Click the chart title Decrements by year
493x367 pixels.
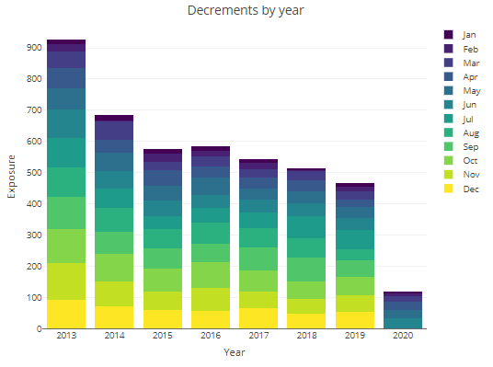(245, 11)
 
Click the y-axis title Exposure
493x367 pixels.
(12, 181)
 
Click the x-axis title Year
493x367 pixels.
(234, 351)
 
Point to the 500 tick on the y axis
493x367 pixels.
(33, 173)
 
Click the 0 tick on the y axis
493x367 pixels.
(38, 329)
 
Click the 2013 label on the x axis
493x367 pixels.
(66, 338)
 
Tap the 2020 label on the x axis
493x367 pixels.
(401, 338)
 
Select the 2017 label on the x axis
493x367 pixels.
(258, 338)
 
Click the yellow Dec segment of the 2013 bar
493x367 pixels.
(66, 314)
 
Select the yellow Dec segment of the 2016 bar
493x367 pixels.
(210, 319)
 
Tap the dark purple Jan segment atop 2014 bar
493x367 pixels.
(114, 118)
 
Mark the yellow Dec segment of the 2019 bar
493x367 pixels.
(353, 320)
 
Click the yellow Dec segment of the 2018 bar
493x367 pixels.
(305, 321)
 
